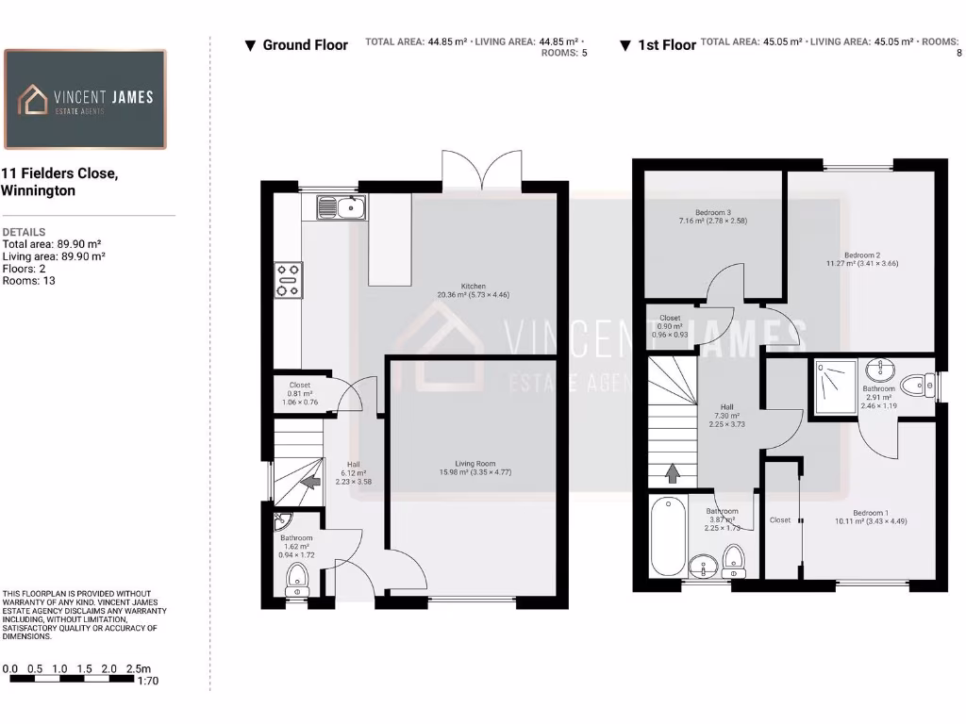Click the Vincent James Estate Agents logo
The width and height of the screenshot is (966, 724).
85,99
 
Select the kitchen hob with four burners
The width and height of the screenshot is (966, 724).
288,280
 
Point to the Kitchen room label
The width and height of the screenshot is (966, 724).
473,286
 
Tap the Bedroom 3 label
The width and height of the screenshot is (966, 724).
713,212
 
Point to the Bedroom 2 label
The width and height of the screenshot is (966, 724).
862,255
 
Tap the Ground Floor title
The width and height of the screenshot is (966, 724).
305,45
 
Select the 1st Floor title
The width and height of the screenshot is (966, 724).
667,45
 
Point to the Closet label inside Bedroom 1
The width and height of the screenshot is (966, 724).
780,519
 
